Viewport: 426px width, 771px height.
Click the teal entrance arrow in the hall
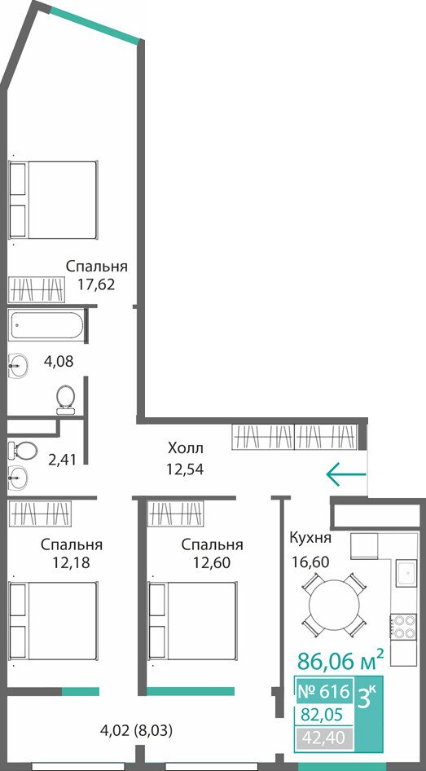346,474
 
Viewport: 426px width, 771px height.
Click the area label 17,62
96,284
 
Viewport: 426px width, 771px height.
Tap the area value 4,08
59,362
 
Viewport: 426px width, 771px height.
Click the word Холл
185,448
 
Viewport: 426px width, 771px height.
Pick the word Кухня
310,538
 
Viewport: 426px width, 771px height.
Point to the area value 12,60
212,562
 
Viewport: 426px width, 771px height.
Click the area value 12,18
72,562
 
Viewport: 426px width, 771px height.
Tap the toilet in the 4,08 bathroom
66,399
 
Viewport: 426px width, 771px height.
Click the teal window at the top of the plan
94,24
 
